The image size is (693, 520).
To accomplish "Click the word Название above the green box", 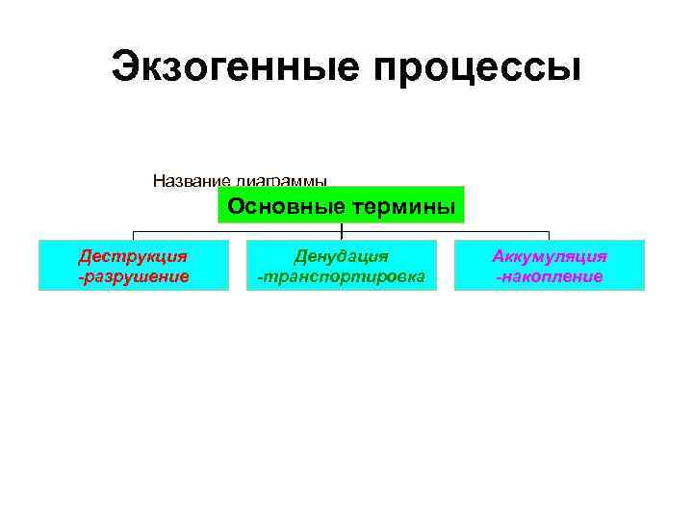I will (x=190, y=180).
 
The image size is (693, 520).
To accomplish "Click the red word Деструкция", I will (x=133, y=256).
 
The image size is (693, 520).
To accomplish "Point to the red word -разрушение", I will (x=133, y=276).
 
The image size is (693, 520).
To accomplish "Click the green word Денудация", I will (x=342, y=256).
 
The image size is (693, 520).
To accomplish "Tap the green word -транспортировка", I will (x=342, y=276).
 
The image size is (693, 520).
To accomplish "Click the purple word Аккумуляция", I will (x=549, y=256).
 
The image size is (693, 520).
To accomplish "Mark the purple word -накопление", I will (x=549, y=276).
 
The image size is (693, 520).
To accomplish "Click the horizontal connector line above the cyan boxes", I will (x=241, y=232).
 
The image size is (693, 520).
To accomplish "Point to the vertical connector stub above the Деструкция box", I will (x=133, y=236).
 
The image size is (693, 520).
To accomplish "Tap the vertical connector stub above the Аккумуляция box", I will (x=549, y=236).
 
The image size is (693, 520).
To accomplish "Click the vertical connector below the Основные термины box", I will (x=342, y=228).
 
